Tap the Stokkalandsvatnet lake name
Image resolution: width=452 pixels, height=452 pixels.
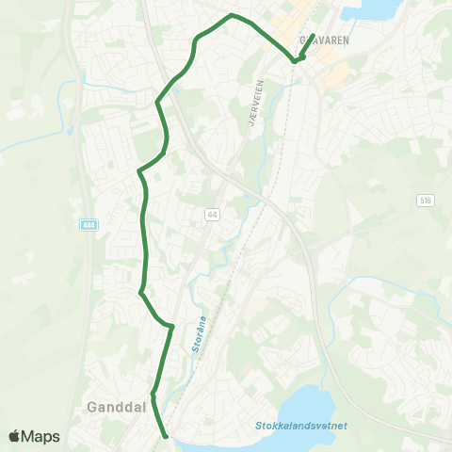300,426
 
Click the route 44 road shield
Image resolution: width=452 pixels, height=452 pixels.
211,215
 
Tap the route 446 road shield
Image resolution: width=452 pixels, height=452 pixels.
89,224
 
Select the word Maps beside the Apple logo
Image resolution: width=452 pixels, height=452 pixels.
42,436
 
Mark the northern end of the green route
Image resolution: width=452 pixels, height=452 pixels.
313,36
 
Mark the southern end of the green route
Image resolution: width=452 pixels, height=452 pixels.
166,436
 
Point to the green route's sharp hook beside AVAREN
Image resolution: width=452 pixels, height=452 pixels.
295,61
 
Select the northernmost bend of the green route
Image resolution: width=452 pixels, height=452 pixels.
232,15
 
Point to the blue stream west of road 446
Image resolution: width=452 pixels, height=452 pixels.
66,104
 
